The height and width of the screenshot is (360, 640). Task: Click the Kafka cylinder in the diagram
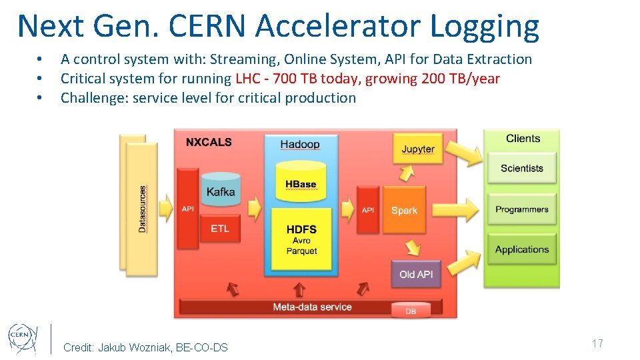coord(221,191)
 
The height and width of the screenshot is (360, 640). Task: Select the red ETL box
coord(220,229)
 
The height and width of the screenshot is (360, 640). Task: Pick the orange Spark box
coord(404,210)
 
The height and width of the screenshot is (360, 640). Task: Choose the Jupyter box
coord(418,149)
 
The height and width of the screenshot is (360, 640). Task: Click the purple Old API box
coord(416,274)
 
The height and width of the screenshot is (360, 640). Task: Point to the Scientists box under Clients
coord(522,169)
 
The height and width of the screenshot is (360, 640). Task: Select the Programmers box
coord(522,209)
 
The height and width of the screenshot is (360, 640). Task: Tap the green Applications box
coord(522,250)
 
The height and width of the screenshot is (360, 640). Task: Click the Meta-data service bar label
coord(312,307)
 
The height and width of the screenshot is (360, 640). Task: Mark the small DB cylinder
coord(410,310)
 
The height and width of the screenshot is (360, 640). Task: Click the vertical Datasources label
coord(143,209)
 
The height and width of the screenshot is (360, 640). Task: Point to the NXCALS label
coord(209,142)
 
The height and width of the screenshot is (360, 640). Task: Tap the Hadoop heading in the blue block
coord(300,144)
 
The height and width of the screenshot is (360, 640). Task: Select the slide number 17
coord(597,343)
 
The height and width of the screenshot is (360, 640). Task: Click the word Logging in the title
coord(485,26)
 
